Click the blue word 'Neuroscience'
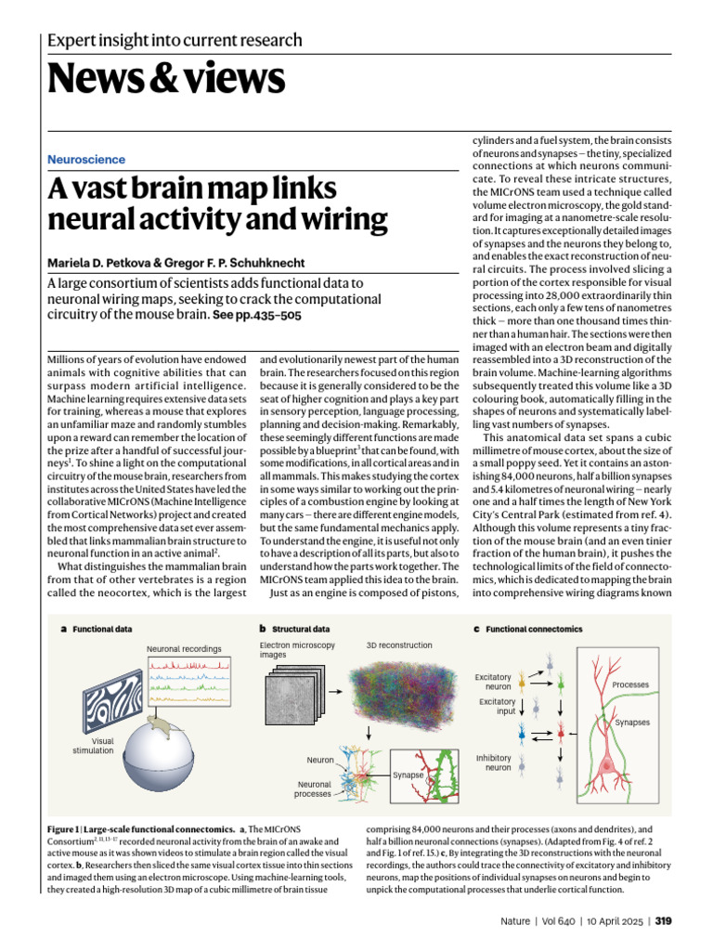(x=86, y=160)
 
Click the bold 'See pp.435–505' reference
(x=257, y=316)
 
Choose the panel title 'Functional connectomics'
(x=534, y=629)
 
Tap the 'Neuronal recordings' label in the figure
(x=184, y=647)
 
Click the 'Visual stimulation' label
(x=93, y=746)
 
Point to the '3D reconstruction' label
(x=399, y=645)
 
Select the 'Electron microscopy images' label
(x=297, y=649)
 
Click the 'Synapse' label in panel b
(x=408, y=774)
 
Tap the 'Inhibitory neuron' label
(x=493, y=762)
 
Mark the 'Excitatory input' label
(x=498, y=707)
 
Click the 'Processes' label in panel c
(x=630, y=684)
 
